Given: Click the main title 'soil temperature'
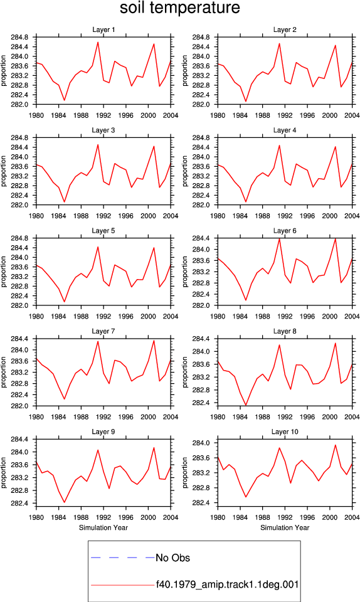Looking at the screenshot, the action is [x=179, y=8].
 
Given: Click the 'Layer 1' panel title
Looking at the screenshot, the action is [x=103, y=29].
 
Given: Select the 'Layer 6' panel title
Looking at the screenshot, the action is [x=285, y=231].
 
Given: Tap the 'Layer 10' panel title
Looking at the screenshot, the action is [x=285, y=432].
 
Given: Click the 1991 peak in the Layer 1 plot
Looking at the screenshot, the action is [x=98, y=42].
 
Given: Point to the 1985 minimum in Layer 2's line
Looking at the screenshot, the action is [x=246, y=102].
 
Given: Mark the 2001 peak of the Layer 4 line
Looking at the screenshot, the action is [x=336, y=146].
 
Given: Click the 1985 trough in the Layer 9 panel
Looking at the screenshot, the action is [x=65, y=502].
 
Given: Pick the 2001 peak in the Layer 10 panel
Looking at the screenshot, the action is [x=336, y=445].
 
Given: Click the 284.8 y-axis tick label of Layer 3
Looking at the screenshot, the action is [x=19, y=138].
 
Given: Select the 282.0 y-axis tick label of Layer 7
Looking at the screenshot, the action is [x=19, y=406].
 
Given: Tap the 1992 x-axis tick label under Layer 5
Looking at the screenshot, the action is [x=103, y=316].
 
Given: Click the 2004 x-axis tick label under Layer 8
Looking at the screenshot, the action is [x=352, y=417].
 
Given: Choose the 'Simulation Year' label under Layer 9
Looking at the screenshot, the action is [x=103, y=527].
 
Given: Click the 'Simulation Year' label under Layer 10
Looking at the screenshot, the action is [x=285, y=527].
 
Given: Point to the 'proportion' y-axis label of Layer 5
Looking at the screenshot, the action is [x=4, y=272].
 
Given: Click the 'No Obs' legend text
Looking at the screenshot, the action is [x=172, y=558].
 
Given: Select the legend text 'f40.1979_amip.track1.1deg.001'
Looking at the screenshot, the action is [x=227, y=584].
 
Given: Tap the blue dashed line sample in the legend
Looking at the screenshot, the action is [x=122, y=557].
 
